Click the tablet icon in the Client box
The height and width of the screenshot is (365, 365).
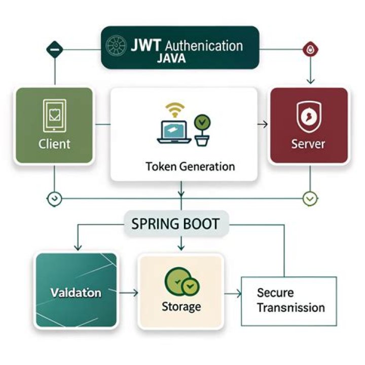pos(54,116)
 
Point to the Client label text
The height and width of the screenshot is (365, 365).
pos(54,144)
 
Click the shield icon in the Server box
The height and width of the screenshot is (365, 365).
pos(308,116)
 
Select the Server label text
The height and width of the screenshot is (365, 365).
pos(308,144)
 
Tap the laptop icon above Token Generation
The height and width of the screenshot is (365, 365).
pos(174,131)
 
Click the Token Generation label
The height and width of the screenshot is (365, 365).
pos(190,166)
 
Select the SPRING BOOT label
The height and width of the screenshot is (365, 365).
pos(176,224)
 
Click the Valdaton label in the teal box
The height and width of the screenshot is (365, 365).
pos(76,293)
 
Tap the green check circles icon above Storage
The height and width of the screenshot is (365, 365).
pos(181,283)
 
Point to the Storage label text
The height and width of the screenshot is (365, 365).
pos(181,307)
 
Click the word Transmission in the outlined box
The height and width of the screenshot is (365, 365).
pos(290,307)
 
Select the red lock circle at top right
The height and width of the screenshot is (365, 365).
pos(310,50)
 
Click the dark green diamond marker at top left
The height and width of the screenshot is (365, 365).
pos(54,50)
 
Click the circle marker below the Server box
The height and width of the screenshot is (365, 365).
pos(310,198)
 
